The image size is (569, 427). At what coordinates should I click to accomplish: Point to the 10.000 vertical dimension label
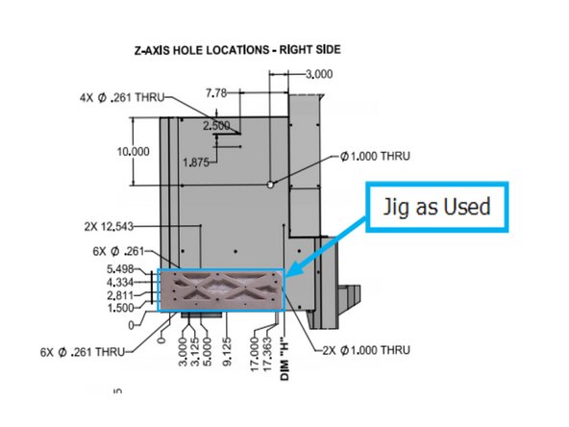coord(132,152)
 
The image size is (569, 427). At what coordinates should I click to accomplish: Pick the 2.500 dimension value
coord(216,125)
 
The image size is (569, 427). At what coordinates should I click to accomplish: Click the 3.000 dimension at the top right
coord(321,73)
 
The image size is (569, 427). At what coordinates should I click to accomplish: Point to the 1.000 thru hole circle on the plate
coord(272,183)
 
